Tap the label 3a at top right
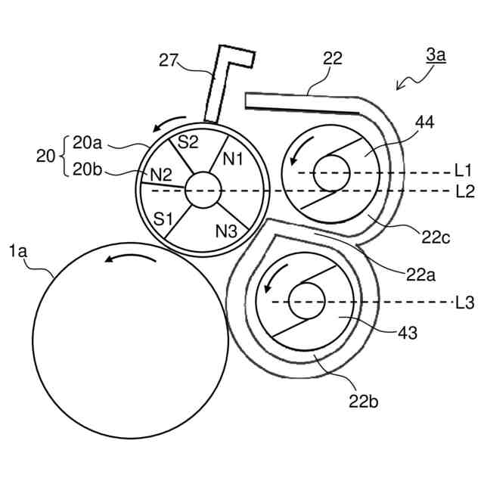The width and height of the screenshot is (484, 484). pyautogui.click(x=436, y=54)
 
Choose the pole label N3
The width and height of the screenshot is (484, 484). pyautogui.click(x=227, y=231)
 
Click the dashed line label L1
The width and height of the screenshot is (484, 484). pyautogui.click(x=464, y=172)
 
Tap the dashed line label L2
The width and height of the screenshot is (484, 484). pyautogui.click(x=464, y=191)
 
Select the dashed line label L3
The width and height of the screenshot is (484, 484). pyautogui.click(x=464, y=302)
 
